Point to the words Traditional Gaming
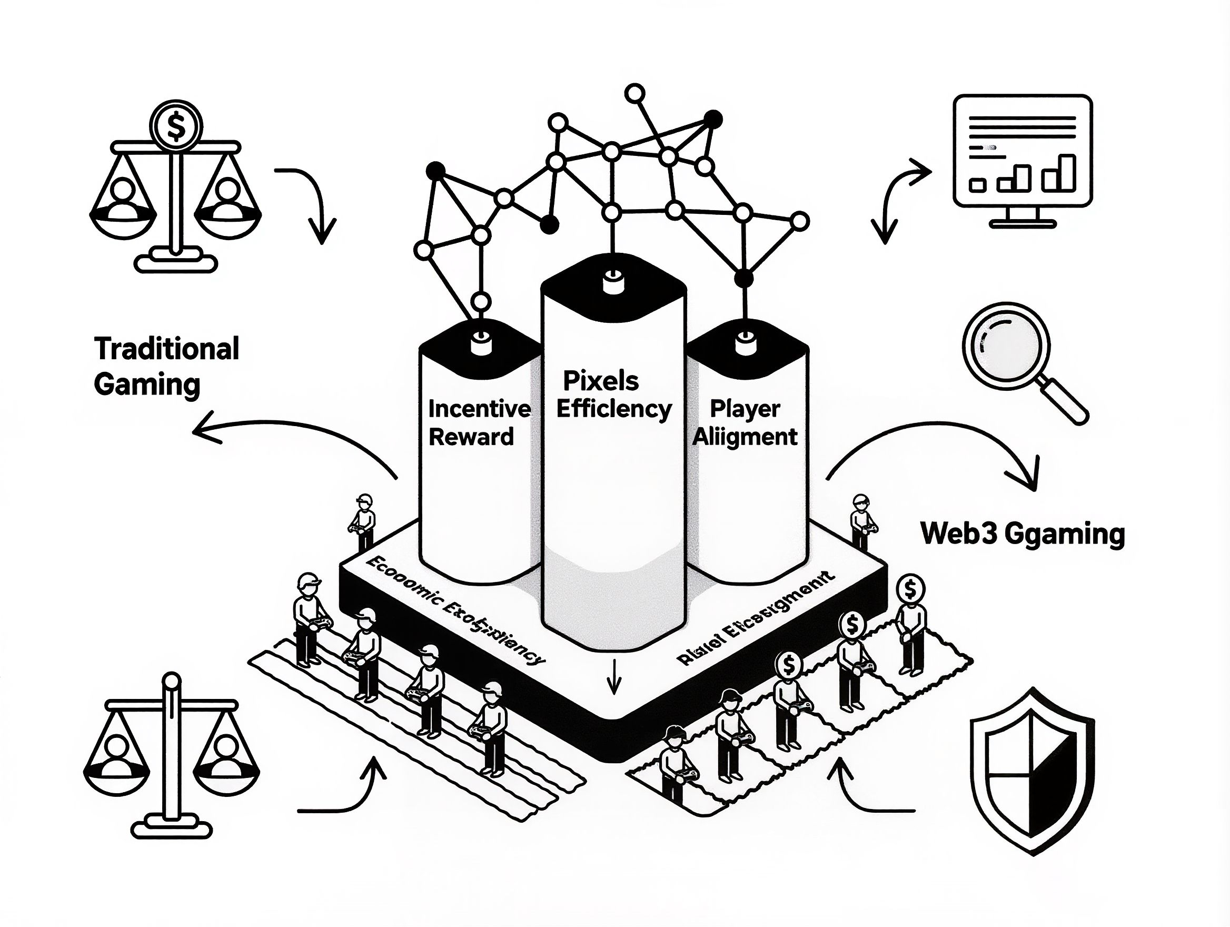click(x=166, y=367)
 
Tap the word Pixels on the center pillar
click(x=601, y=381)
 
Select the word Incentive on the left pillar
click(x=479, y=409)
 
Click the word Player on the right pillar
click(x=745, y=409)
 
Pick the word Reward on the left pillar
click(x=471, y=437)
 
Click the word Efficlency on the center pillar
click(x=614, y=409)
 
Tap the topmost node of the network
click(x=634, y=93)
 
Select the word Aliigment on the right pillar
click(x=745, y=437)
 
